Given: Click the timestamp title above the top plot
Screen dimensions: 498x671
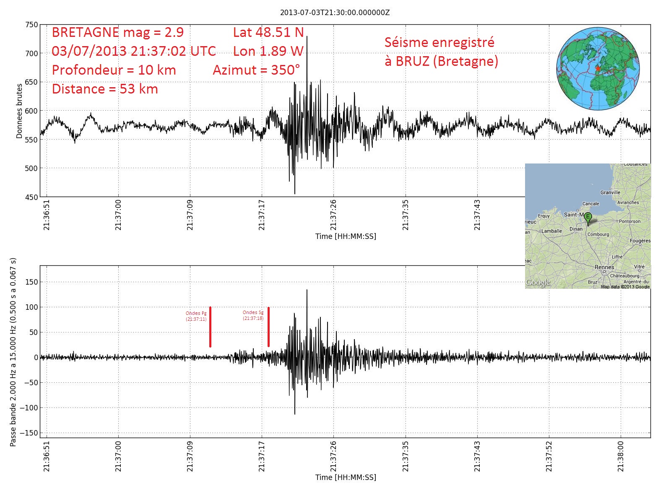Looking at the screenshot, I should pyautogui.click(x=335, y=13).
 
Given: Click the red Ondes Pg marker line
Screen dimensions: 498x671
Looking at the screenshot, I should pyautogui.click(x=210, y=327).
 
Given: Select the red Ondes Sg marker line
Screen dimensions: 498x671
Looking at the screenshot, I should pyautogui.click(x=268, y=327).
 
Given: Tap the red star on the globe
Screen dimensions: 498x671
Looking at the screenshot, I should pyautogui.click(x=598, y=68).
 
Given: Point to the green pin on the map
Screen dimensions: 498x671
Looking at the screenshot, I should pyautogui.click(x=588, y=218).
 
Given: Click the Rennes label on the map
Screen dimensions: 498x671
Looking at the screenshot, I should pyautogui.click(x=604, y=267).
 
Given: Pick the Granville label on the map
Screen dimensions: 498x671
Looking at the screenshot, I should pyautogui.click(x=610, y=192).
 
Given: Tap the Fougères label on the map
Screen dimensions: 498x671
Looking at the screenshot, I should pyautogui.click(x=640, y=241).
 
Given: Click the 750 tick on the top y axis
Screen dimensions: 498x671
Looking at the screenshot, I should pyautogui.click(x=31, y=25).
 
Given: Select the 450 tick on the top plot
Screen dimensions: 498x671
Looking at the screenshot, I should pyautogui.click(x=31, y=197).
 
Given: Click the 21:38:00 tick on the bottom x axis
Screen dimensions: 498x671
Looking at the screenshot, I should pyautogui.click(x=621, y=456).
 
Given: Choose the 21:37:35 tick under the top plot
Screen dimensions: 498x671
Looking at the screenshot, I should pyautogui.click(x=405, y=215).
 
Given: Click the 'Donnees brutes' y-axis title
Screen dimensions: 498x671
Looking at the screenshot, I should pyautogui.click(x=19, y=111).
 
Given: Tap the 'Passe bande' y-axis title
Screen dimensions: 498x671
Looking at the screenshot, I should pyautogui.click(x=13, y=352).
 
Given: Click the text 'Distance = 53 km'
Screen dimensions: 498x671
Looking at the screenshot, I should pyautogui.click(x=105, y=89).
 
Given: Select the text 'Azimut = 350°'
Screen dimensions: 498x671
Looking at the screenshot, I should pyautogui.click(x=256, y=70).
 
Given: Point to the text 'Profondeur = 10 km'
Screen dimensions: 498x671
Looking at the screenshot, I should pyautogui.click(x=114, y=70).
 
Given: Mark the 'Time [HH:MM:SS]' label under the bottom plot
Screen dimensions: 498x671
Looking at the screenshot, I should pyautogui.click(x=346, y=477).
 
